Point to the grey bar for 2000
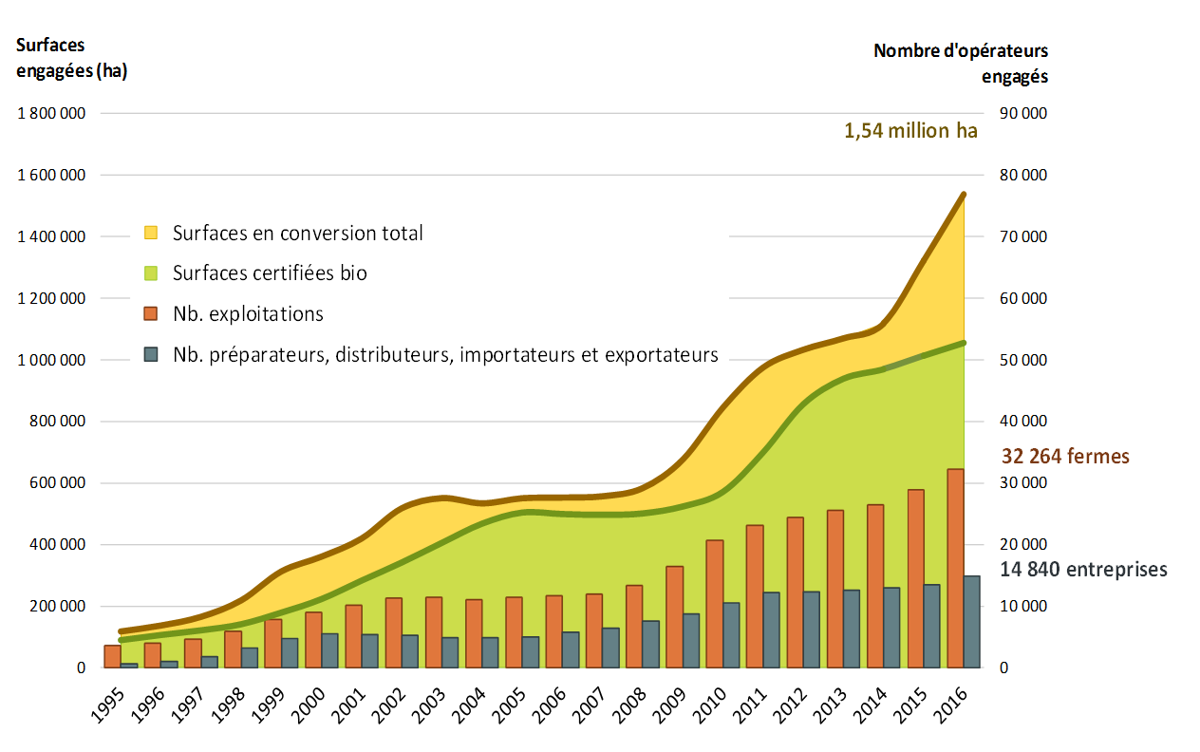coord(330,650)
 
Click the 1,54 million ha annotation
coord(909,131)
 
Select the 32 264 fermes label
coord(1065,457)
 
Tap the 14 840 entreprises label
coord(1084,570)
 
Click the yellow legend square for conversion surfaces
coord(151,233)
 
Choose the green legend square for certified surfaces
coord(151,273)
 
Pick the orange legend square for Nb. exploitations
coord(151,314)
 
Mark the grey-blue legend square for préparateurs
coord(151,355)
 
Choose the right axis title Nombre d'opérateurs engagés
coord(961,63)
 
